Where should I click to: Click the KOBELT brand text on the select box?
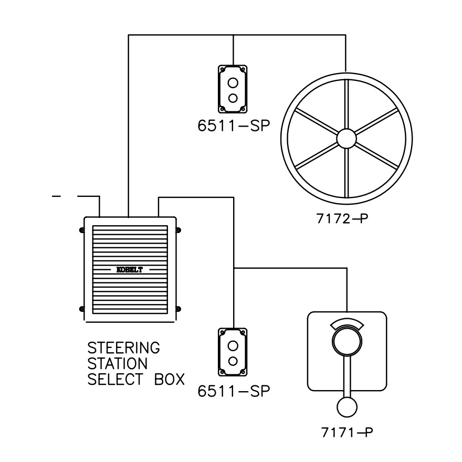(130, 270)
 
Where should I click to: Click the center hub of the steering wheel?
(346, 139)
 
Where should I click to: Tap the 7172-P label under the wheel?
(342, 218)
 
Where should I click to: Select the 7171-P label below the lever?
(347, 433)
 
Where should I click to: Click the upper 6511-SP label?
(234, 125)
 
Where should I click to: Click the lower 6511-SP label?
(234, 391)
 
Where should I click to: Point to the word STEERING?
(124, 348)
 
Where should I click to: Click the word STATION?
(117, 364)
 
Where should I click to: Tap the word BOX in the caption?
(170, 379)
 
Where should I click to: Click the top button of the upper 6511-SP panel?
(233, 83)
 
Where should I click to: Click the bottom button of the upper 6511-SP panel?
(233, 98)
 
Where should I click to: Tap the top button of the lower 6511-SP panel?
(233, 346)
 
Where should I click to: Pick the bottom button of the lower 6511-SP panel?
(233, 361)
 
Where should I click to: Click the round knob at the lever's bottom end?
(347, 407)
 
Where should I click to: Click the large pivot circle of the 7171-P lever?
(347, 341)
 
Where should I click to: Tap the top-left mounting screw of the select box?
(81, 230)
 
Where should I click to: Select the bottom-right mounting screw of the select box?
(178, 309)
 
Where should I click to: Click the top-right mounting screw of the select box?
(178, 230)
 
